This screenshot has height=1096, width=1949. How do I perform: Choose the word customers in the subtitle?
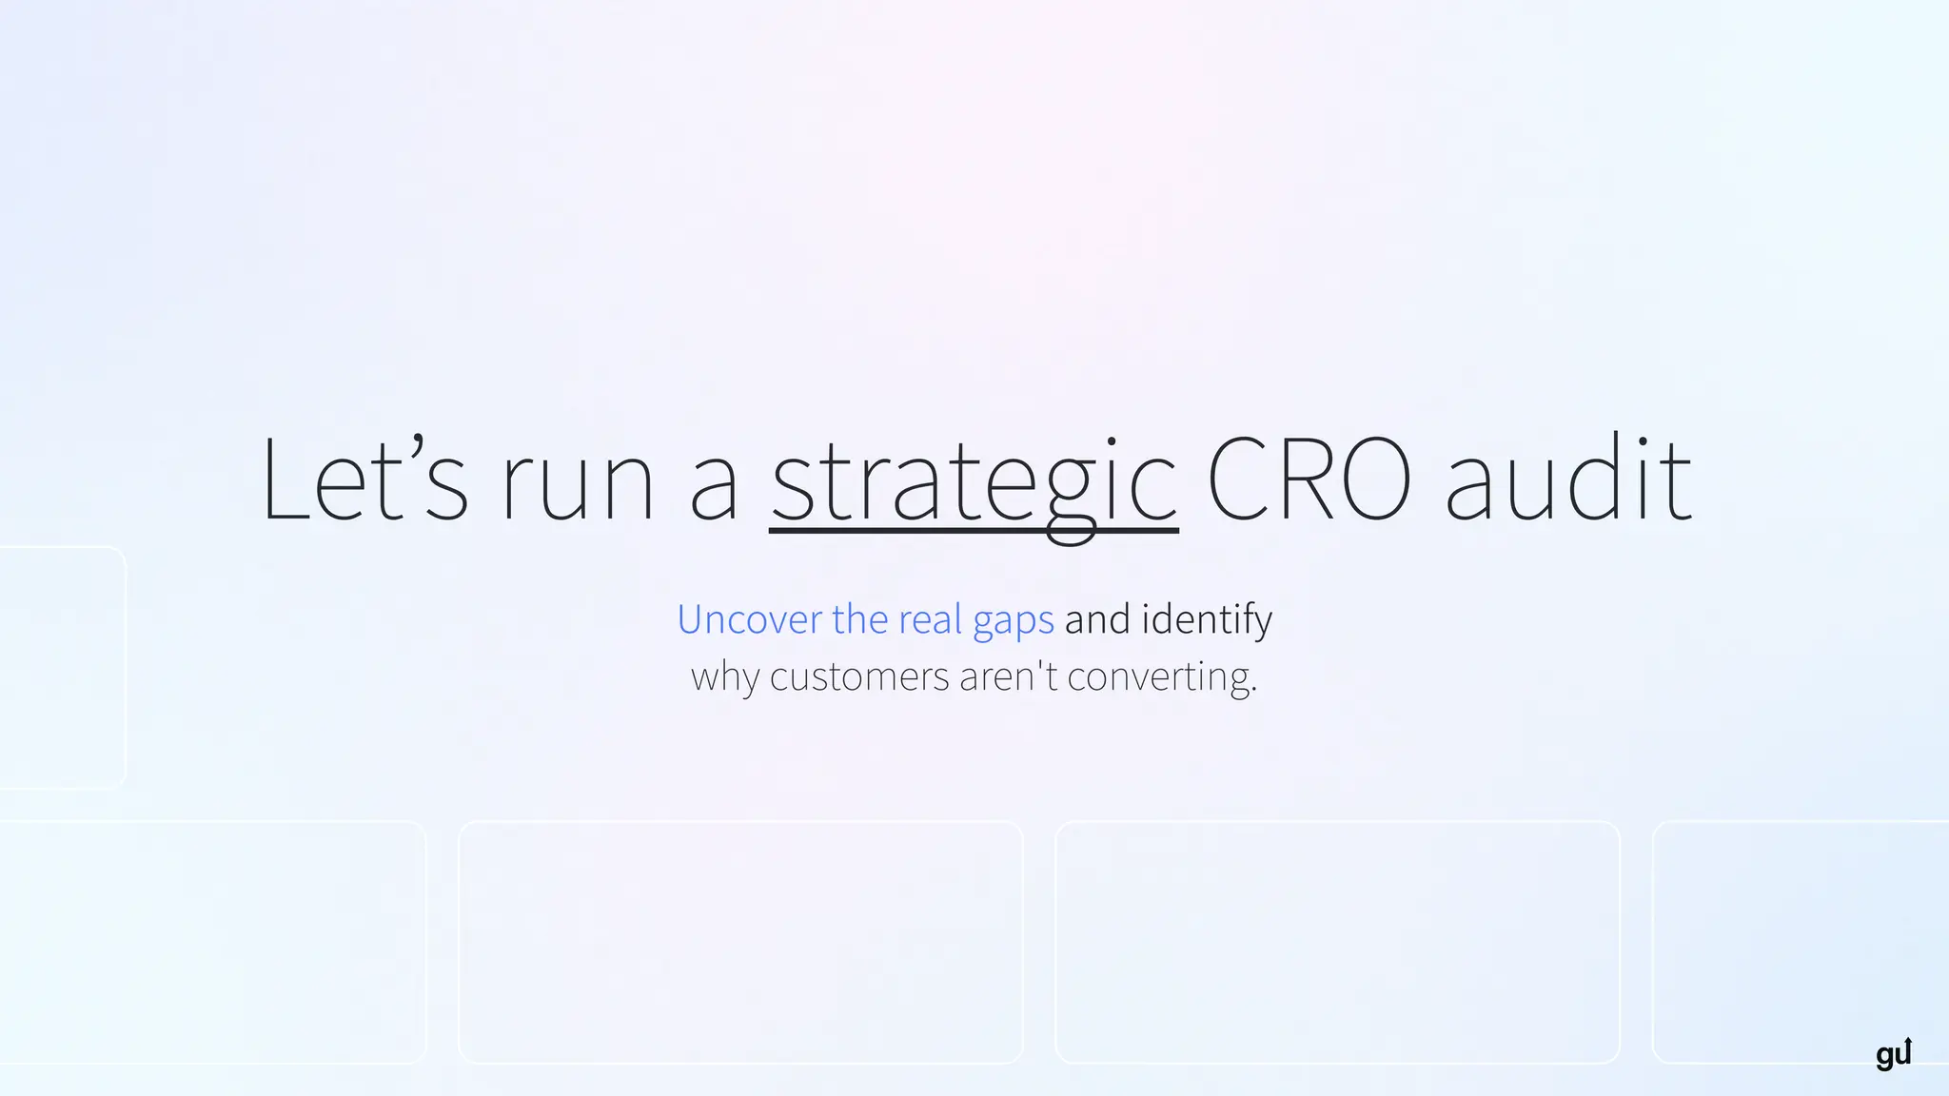859,677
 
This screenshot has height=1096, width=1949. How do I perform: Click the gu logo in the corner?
1893,1053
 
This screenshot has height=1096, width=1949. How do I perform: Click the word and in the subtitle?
1097,619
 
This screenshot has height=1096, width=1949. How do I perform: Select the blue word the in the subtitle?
859,619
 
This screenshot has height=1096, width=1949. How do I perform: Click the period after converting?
1254,691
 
